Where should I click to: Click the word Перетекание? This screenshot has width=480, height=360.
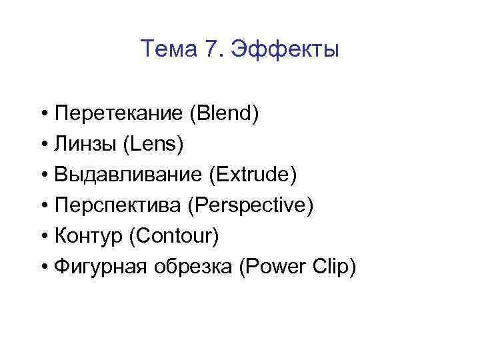(x=119, y=113)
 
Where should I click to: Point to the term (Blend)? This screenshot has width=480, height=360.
(x=225, y=113)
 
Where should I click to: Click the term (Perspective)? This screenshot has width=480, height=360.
(x=251, y=205)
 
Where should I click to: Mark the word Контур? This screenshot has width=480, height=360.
(x=87, y=235)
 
